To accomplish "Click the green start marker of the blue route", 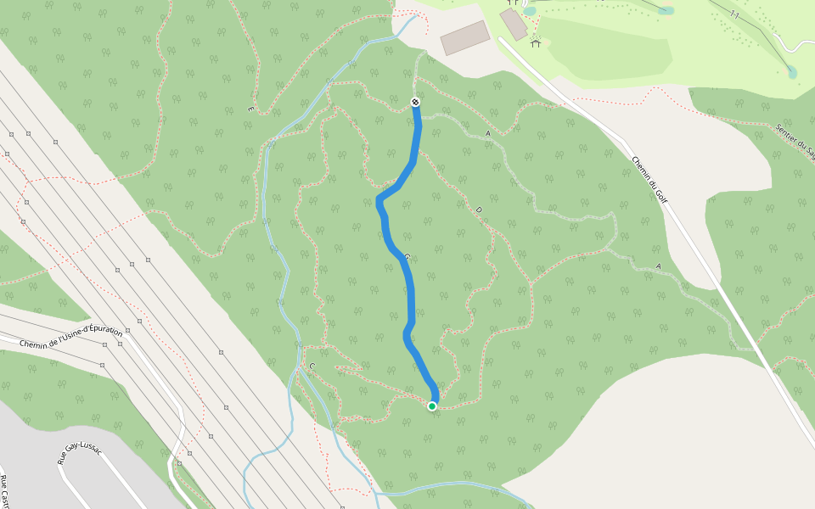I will point(432,406).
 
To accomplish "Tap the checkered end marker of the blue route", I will point(415,102).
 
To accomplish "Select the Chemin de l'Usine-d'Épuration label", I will point(71,338).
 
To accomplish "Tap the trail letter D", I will point(478,210).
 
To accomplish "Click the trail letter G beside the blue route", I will point(407,257).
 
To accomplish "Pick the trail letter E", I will point(250,109).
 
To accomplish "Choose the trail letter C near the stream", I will point(312,366).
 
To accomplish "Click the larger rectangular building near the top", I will point(465,38).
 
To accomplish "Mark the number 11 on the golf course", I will point(734,15).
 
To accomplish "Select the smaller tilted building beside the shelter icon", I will point(514,24).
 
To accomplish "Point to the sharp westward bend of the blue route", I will point(379,200).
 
